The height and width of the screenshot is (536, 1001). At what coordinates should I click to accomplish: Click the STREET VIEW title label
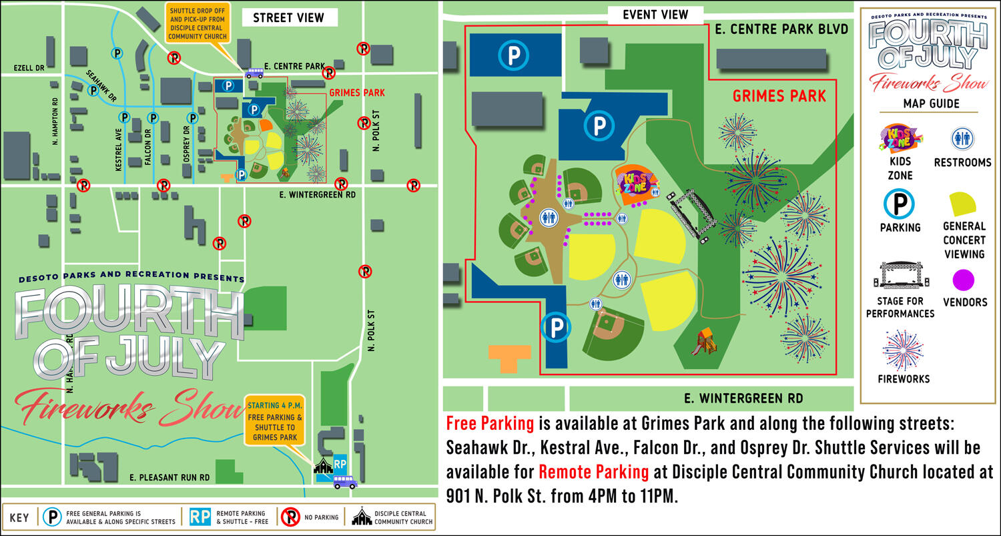288,18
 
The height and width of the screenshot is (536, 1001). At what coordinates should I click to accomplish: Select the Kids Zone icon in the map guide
900,139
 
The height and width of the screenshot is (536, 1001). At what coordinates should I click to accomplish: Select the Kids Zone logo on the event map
635,182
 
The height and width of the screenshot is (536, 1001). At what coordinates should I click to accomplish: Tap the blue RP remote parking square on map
340,463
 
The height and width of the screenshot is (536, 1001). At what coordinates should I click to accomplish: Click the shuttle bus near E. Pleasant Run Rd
344,481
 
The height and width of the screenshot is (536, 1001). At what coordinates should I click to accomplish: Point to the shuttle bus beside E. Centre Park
254,73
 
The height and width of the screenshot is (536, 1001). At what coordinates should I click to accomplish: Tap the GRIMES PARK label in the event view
779,96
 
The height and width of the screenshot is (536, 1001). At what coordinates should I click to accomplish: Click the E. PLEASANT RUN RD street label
170,478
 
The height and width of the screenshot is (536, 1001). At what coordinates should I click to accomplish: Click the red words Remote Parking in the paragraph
593,472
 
